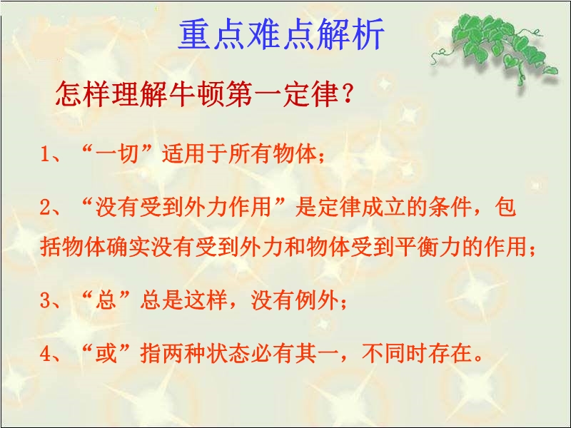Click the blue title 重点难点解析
281,34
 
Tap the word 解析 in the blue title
350,34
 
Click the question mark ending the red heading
348,94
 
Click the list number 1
45,154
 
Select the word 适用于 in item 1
195,153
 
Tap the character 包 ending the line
505,207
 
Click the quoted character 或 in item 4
106,353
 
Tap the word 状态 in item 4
228,353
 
